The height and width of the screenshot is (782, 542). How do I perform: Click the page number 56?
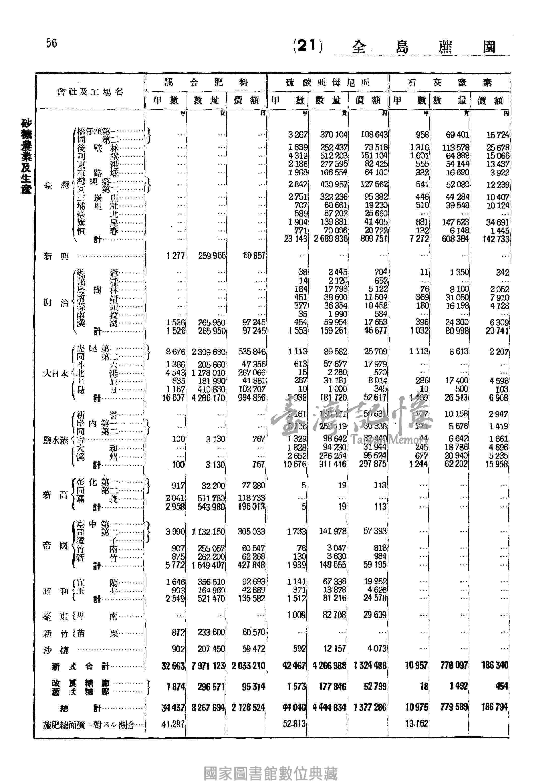click(x=52, y=43)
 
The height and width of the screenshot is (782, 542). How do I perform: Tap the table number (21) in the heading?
click(x=308, y=46)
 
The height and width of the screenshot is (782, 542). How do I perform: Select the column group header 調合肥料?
click(x=206, y=82)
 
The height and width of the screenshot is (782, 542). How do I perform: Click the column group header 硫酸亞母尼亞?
click(x=327, y=82)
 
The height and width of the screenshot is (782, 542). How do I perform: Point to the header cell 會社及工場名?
click(x=90, y=92)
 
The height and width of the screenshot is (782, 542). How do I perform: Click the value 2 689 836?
click(x=330, y=239)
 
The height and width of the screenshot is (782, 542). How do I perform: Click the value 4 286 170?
click(x=208, y=397)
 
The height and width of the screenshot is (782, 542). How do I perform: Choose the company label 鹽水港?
click(x=55, y=440)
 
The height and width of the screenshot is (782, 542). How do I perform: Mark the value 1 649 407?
click(x=207, y=565)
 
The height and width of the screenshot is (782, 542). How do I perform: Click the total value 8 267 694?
click(x=208, y=708)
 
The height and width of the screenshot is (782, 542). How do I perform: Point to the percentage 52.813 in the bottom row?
click(x=294, y=724)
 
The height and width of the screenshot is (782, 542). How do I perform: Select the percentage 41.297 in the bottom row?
click(x=173, y=724)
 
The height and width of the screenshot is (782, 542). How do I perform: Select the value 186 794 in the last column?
click(x=494, y=708)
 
